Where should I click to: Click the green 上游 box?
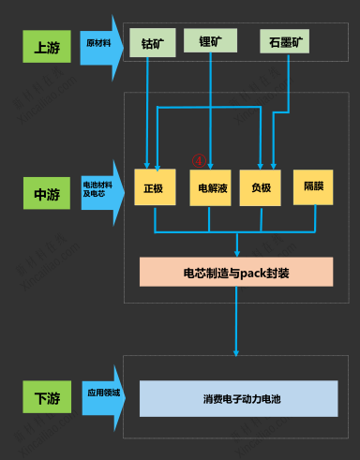tap(47, 47)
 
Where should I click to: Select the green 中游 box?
tap(47, 195)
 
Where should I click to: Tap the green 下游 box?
tap(47, 397)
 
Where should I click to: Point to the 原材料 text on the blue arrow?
tap(97, 43)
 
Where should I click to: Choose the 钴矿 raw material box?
tap(151, 43)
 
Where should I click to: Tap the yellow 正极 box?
tap(155, 187)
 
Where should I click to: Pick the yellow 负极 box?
tap(261, 187)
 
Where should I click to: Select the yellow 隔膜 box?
tap(313, 186)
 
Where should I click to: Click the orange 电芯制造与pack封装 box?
tap(236, 272)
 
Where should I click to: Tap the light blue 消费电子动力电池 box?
tap(238, 398)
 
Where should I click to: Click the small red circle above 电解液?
tap(198, 160)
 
